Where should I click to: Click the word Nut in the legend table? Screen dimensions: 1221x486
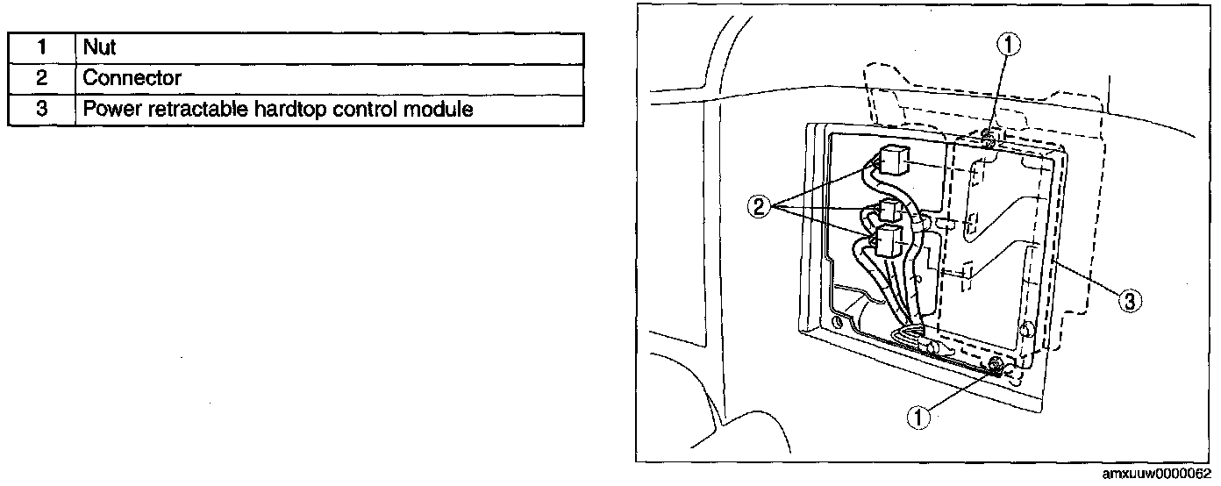point(99,47)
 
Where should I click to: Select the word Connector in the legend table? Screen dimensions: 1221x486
point(132,78)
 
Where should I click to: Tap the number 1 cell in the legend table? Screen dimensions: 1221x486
point(41,47)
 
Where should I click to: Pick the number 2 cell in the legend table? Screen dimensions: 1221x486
point(41,78)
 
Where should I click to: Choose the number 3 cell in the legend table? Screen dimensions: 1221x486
point(41,110)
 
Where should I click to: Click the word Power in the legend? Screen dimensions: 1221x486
point(107,110)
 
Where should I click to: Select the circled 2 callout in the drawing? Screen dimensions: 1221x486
point(760,207)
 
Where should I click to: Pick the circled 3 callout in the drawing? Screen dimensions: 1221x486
point(1131,302)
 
